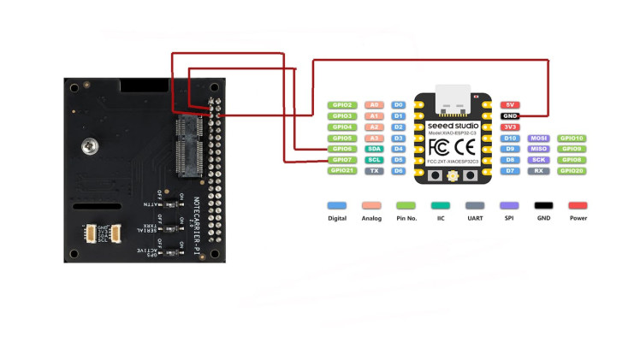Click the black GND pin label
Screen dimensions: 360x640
(x=510, y=115)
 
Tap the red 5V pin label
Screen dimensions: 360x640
(x=510, y=104)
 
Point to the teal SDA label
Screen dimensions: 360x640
(x=374, y=149)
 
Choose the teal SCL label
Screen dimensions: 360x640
(x=374, y=160)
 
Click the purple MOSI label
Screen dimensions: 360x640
(x=539, y=138)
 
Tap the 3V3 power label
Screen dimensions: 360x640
(x=510, y=127)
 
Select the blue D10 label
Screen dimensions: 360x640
(x=510, y=138)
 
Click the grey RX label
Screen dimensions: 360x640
(x=539, y=171)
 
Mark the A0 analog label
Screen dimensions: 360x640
(x=374, y=104)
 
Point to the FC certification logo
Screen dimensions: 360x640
(x=438, y=145)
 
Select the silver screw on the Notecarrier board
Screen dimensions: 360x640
(x=89, y=147)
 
